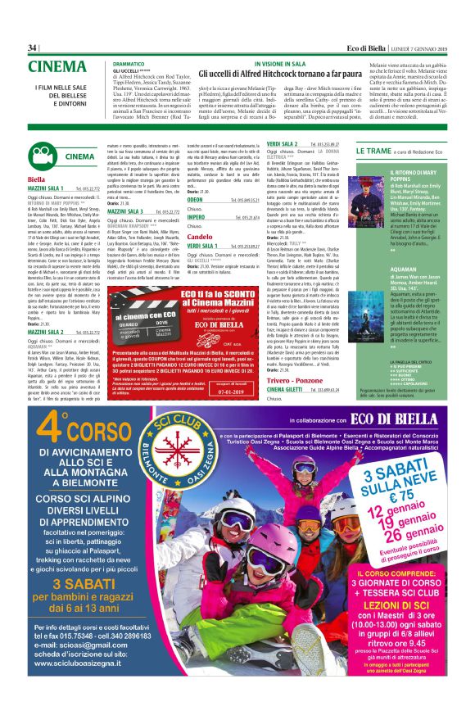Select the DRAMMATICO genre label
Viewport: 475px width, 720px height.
click(129, 63)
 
